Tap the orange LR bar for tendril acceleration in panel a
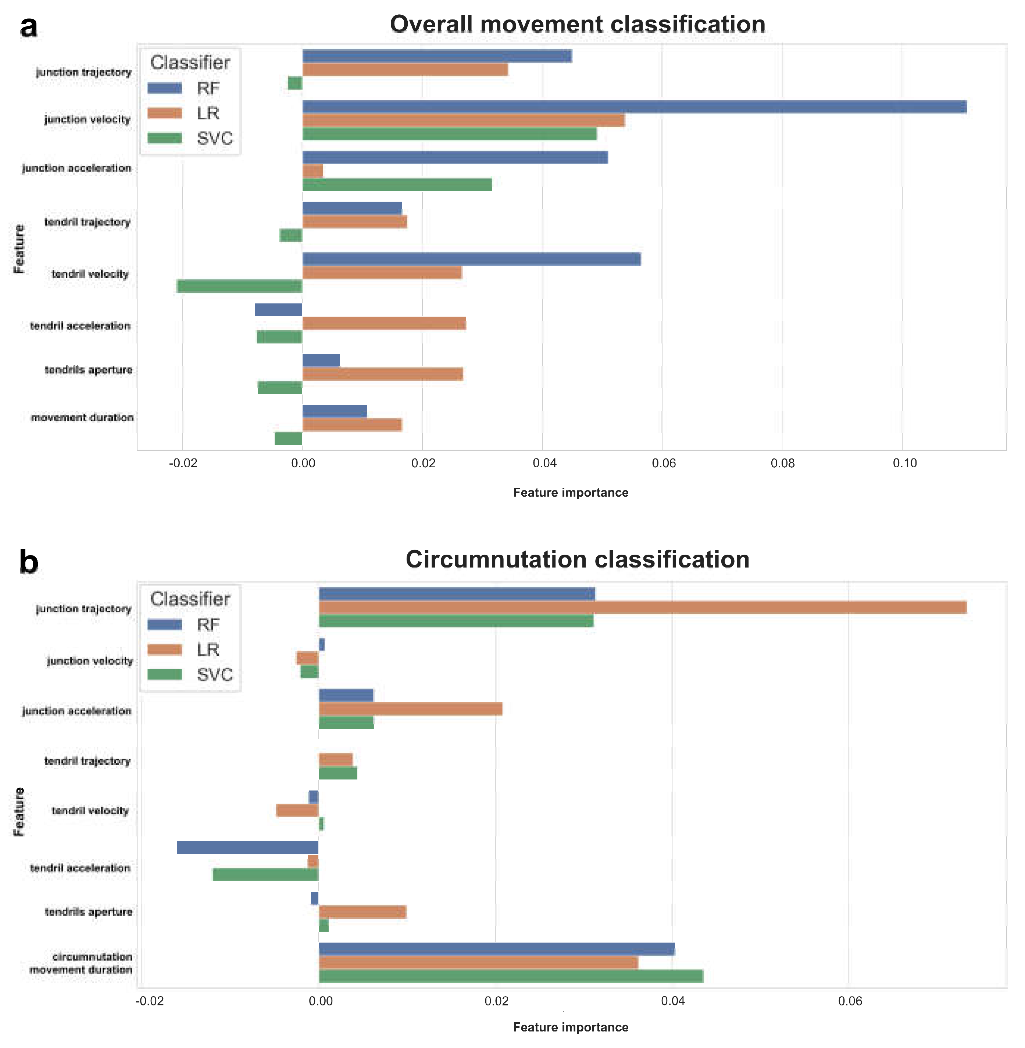coord(384,323)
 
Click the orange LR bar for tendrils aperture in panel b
coord(362,912)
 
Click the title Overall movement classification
coord(577,25)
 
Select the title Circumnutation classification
coord(577,559)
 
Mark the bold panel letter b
coord(29,562)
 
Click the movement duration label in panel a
coord(82,418)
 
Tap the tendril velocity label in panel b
coord(90,811)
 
